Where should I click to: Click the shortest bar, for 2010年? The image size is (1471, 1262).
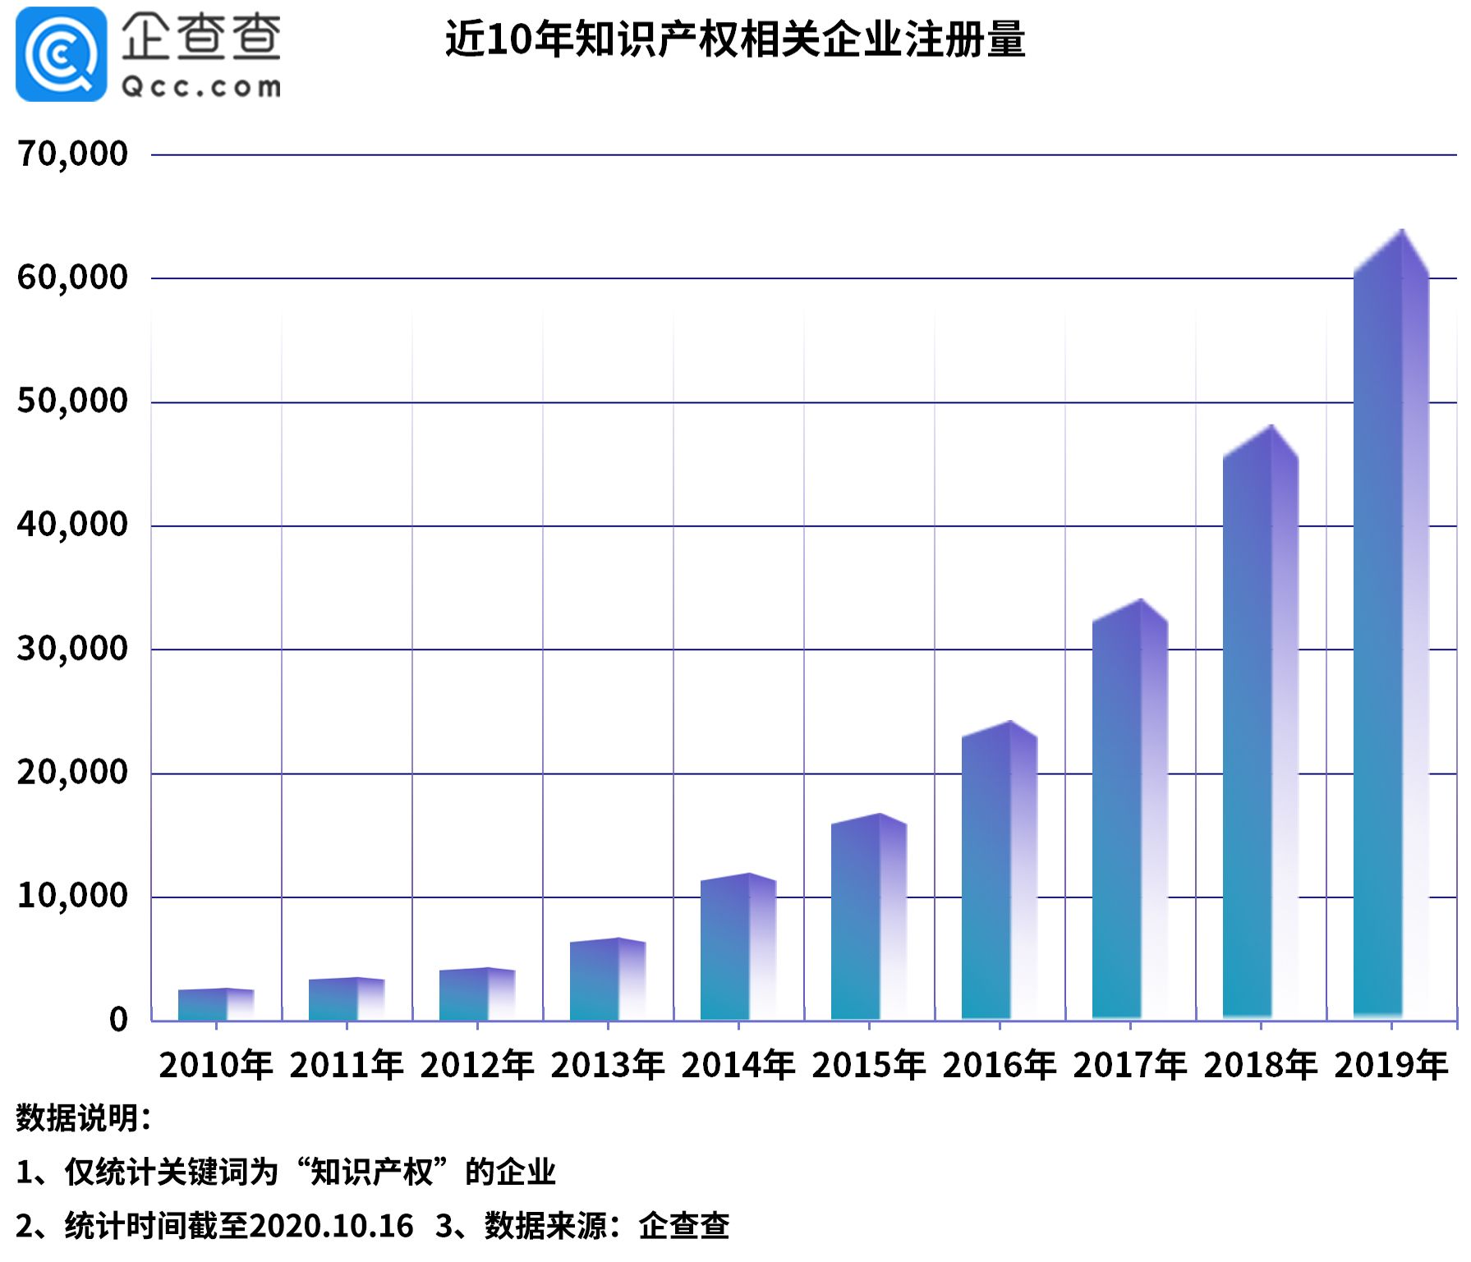(215, 1005)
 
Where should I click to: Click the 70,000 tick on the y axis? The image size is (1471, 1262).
(72, 154)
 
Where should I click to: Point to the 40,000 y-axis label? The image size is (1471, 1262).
(72, 525)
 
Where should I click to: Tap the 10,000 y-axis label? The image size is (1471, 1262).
(72, 896)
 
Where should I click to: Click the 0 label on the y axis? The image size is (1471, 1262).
(118, 1020)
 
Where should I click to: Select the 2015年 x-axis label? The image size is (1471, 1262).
(868, 1065)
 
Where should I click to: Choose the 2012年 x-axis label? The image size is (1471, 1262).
(476, 1065)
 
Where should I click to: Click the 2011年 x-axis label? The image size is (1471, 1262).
(346, 1065)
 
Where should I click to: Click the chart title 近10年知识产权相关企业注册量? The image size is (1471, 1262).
(735, 39)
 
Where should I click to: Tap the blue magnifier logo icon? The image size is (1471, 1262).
(61, 54)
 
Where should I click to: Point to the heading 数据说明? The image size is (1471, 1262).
(82, 1117)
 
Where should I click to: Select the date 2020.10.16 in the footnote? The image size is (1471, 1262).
(331, 1226)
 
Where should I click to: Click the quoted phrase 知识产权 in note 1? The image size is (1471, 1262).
(371, 1172)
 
